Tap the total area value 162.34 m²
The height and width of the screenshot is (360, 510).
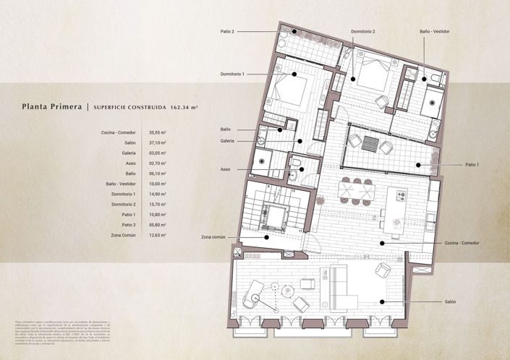tap(184, 107)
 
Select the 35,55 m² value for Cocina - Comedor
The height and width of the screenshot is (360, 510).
tap(158, 133)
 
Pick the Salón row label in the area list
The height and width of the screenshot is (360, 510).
tap(127, 143)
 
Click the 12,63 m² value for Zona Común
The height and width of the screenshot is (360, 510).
tap(158, 235)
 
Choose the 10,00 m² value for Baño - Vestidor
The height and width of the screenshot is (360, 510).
tap(158, 184)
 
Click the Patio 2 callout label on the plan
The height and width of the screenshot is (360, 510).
tap(228, 32)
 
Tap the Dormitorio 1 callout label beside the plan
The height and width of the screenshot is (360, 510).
tap(232, 74)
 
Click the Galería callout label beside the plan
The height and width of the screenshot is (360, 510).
tap(227, 141)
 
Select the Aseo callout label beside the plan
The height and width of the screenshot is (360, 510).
tap(226, 169)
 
